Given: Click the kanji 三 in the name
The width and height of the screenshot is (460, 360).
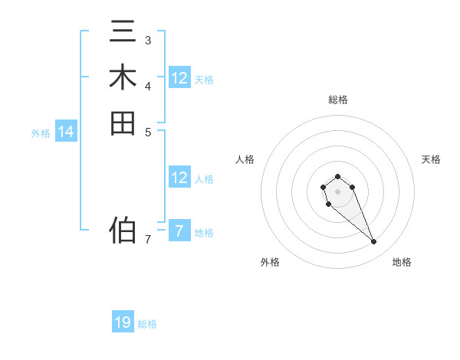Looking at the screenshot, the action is pos(123,34).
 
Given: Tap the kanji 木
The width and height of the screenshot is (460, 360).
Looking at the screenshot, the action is pos(123,78).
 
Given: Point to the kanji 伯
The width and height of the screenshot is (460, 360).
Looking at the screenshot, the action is pos(123,229).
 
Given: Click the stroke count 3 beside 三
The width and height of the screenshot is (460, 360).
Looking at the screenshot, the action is pos(148,40).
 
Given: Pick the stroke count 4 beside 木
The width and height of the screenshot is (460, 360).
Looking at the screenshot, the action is pos(148,85).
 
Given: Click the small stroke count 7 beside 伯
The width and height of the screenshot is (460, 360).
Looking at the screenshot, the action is pos(148,240).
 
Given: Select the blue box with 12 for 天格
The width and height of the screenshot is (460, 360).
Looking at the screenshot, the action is pos(179,78).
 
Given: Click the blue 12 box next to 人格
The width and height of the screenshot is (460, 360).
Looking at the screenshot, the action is pos(179,178).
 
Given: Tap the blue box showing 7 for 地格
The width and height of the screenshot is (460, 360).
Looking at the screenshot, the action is pos(179,231).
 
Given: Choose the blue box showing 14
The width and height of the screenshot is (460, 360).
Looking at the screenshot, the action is pos(66,133).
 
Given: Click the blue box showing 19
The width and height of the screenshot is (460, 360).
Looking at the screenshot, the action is pos(123,322).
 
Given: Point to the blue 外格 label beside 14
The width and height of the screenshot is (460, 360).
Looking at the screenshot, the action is pos(41,133).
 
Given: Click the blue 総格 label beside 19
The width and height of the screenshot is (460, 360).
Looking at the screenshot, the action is pos(147,324).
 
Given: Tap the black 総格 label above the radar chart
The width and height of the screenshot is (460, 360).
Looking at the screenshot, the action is pos(337,100).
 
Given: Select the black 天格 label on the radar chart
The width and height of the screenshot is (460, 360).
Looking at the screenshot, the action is pos(431,159).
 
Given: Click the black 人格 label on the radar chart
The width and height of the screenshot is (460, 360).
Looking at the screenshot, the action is pos(245,159).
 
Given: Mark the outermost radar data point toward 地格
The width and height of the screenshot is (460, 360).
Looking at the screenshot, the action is pos(373,242).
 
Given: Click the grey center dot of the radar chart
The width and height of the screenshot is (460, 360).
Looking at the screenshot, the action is pos(337,191).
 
